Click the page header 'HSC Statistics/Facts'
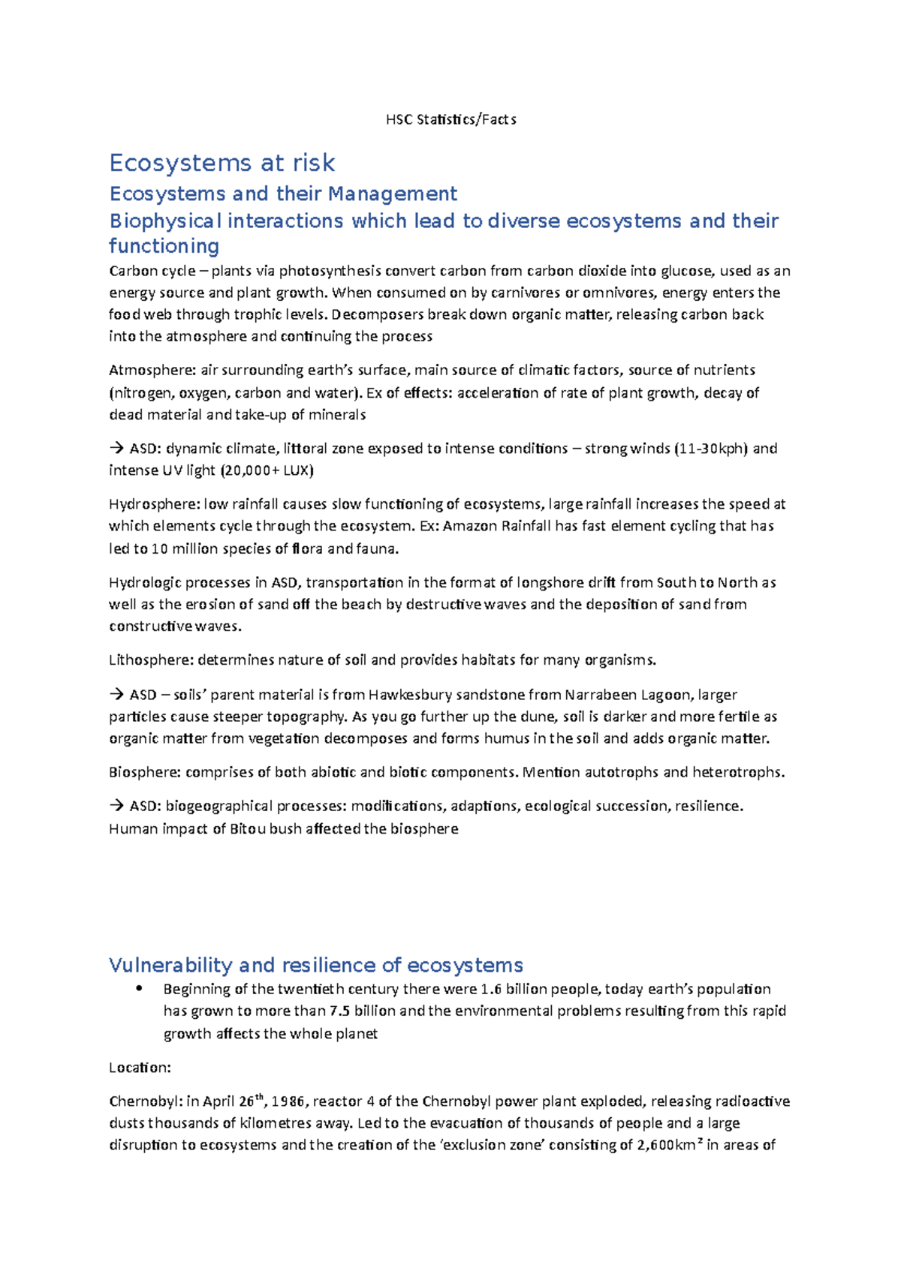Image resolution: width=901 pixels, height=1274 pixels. pos(450,119)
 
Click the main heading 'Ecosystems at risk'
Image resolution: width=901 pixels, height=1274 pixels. pos(222,163)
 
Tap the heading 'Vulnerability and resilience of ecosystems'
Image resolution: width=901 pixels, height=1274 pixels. pos(315,965)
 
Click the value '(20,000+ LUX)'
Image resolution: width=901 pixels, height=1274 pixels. pos(267,470)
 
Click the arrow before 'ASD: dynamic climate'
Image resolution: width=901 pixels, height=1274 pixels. pos(117,449)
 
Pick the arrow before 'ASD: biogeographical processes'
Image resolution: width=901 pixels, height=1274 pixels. pos(117,806)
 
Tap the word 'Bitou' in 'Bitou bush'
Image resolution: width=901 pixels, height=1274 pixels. pos(247,828)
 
